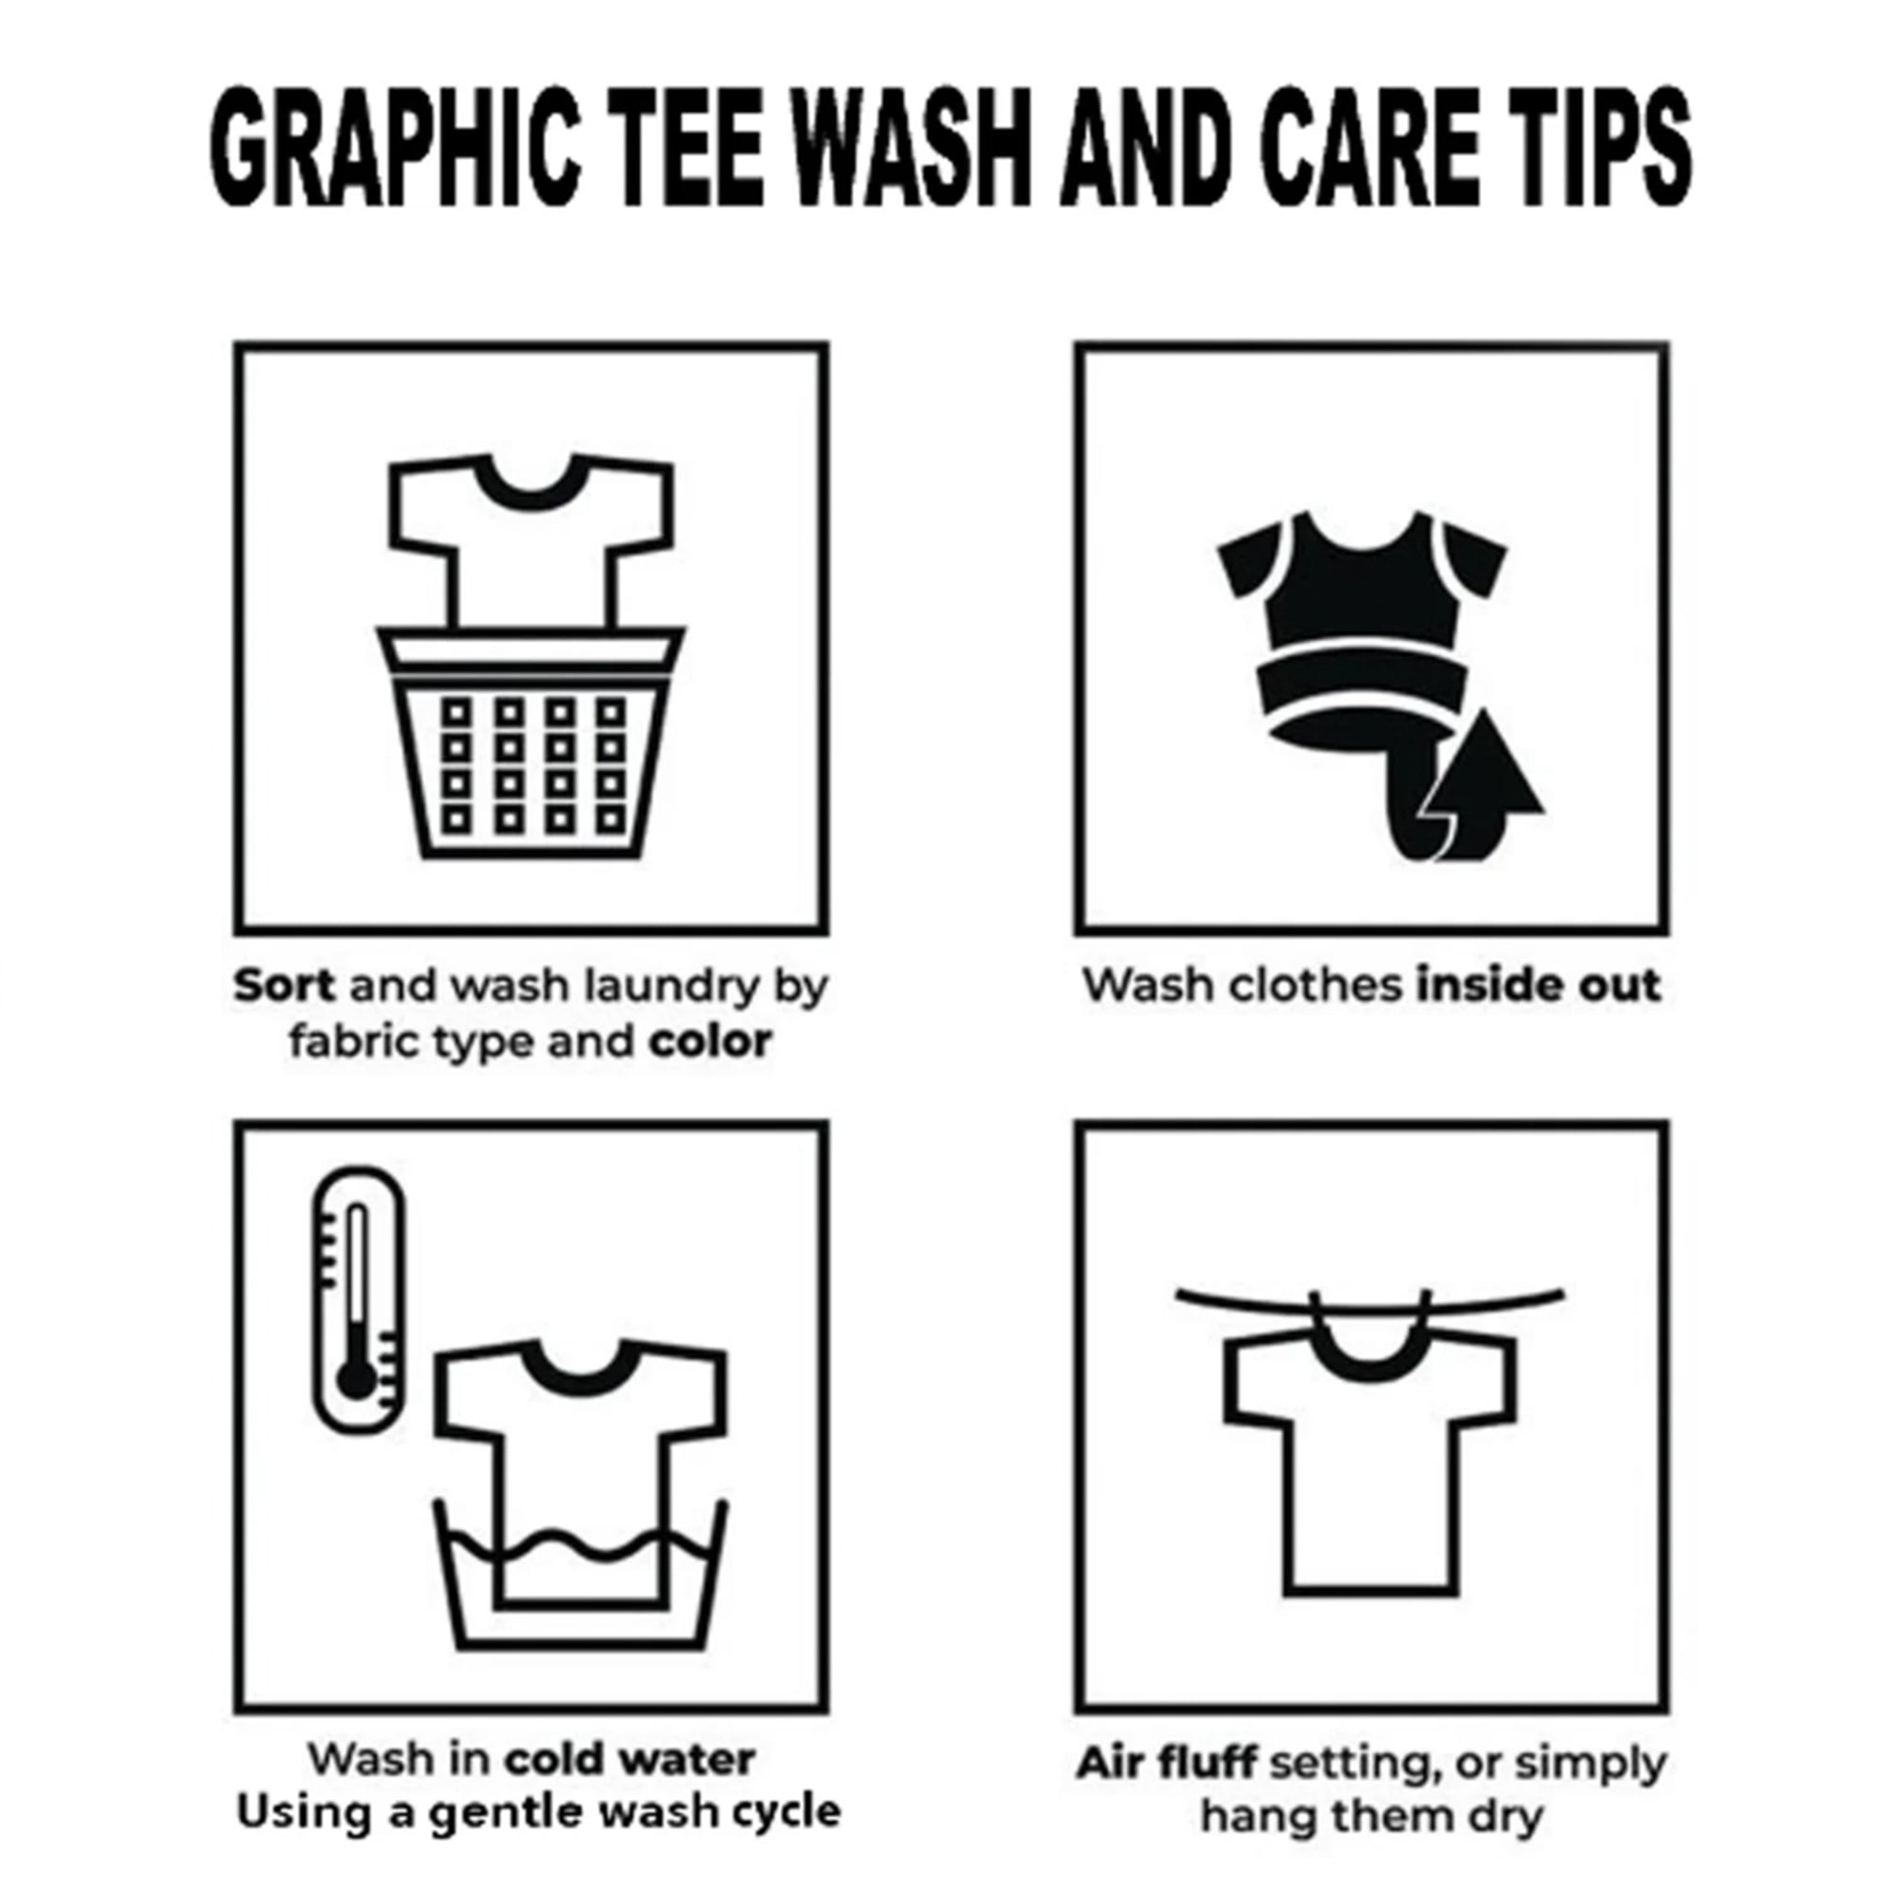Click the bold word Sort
pyautogui.click(x=284, y=987)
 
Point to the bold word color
pyautogui.click(x=711, y=1042)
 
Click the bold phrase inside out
pyautogui.click(x=1538, y=986)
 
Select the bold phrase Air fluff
pyautogui.click(x=1166, y=1763)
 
